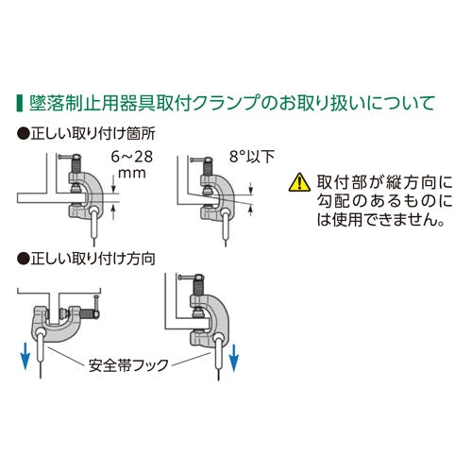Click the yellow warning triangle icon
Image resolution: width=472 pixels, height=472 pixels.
click(299, 183)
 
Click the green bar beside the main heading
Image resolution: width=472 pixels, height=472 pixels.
click(20, 103)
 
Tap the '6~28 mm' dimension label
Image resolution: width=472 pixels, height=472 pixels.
click(132, 165)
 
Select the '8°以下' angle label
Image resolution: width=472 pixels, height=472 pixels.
click(252, 157)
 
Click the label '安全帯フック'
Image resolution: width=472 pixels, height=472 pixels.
click(128, 365)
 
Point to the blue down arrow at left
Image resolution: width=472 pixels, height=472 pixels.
click(25, 356)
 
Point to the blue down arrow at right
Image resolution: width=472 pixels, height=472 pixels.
click(234, 358)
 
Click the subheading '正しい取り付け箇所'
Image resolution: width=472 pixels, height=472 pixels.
click(93, 134)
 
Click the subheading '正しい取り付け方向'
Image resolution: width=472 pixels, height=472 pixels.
click(93, 259)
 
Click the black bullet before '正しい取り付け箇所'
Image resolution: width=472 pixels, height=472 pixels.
click(24, 134)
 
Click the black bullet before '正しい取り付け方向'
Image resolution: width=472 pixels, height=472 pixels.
click(24, 260)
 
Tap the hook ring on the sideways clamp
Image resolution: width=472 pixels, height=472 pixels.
click(40, 333)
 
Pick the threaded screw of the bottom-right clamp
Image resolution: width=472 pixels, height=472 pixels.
click(197, 286)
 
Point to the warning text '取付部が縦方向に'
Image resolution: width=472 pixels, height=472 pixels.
click(384, 182)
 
